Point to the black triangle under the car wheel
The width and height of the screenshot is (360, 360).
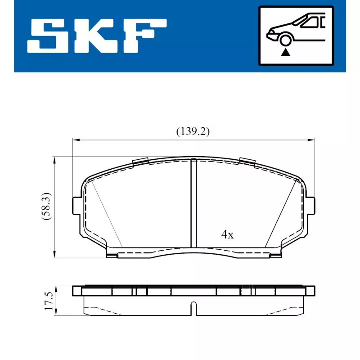click(x=284, y=53)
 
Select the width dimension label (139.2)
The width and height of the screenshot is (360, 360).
click(x=193, y=131)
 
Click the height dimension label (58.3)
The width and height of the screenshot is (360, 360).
click(x=46, y=207)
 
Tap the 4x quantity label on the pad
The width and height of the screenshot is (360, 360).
click(x=227, y=234)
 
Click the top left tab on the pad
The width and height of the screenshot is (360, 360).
click(x=141, y=161)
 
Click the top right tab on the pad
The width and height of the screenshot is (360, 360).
click(x=247, y=161)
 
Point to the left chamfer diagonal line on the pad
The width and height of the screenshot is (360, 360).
click(x=106, y=214)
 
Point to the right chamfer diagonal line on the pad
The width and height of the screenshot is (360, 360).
click(x=282, y=214)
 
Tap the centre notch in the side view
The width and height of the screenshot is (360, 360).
click(x=193, y=309)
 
